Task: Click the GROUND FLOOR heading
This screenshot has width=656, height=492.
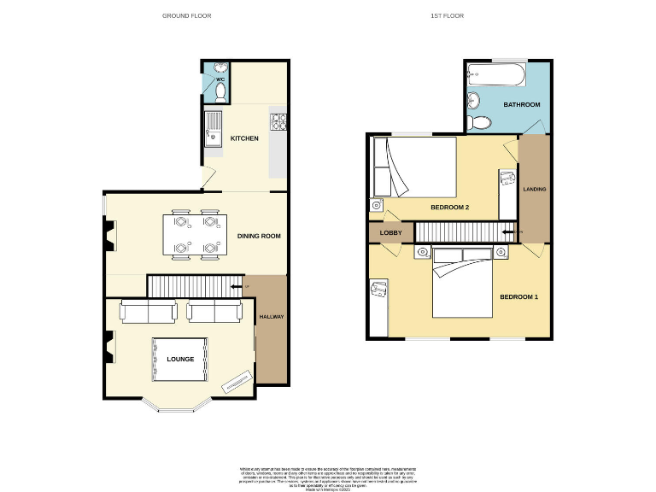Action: (x=187, y=15)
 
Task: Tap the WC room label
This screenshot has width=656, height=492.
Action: (x=220, y=79)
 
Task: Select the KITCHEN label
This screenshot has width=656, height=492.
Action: (x=244, y=138)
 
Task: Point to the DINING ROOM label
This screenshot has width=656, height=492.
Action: (x=260, y=236)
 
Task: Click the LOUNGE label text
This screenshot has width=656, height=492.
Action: (x=180, y=359)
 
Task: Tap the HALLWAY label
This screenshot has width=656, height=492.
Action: (x=272, y=317)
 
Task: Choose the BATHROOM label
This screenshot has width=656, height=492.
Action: (x=521, y=105)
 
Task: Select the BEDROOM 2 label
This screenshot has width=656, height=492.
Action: (x=449, y=208)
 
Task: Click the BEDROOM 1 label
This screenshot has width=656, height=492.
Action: (x=519, y=296)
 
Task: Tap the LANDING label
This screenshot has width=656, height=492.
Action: (x=535, y=189)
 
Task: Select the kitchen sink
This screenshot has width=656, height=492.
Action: (x=214, y=130)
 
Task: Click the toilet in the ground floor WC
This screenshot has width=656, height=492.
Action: (x=220, y=91)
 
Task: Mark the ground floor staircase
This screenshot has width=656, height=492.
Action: (x=190, y=285)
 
